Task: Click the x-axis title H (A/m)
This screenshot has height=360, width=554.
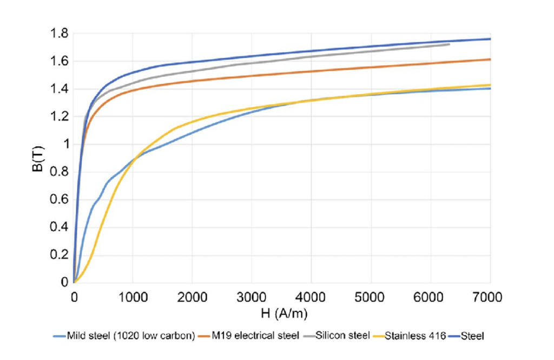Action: (x=281, y=313)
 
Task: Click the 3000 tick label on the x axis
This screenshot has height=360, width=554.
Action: (x=253, y=297)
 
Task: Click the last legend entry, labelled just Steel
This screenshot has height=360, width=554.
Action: (x=473, y=336)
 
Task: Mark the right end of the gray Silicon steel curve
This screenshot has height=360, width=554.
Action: (x=449, y=44)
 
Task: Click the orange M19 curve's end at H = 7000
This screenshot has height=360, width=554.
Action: (x=490, y=60)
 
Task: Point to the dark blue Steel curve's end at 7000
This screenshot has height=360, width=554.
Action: (x=490, y=39)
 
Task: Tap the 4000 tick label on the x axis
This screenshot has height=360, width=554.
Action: (x=312, y=297)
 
